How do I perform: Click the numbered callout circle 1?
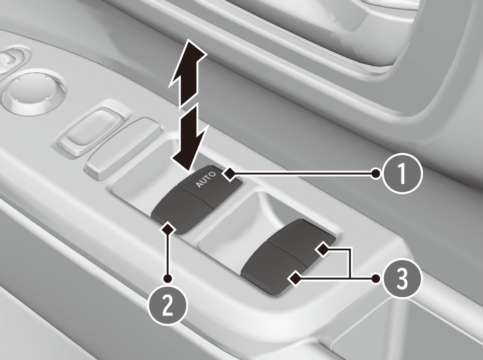click(402, 173)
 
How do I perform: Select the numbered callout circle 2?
click(168, 305)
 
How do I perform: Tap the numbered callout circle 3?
click(402, 278)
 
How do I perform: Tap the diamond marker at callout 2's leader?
click(168, 229)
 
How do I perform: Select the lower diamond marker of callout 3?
click(294, 278)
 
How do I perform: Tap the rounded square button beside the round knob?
click(92, 131)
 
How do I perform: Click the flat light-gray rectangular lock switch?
click(123, 148)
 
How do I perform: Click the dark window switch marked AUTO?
click(197, 200)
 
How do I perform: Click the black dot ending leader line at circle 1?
click(376, 173)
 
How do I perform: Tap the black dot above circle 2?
click(168, 278)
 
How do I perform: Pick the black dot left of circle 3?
click(376, 278)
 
